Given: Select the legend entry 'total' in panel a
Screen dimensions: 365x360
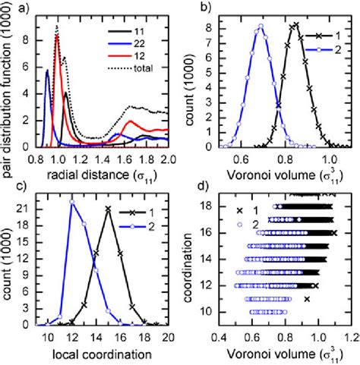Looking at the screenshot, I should point(144,70).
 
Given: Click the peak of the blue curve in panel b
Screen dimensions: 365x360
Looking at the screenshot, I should point(260,27).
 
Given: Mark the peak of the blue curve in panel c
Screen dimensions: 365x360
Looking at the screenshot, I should point(71,201).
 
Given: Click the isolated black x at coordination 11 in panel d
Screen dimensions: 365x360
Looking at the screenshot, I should point(306,299).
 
